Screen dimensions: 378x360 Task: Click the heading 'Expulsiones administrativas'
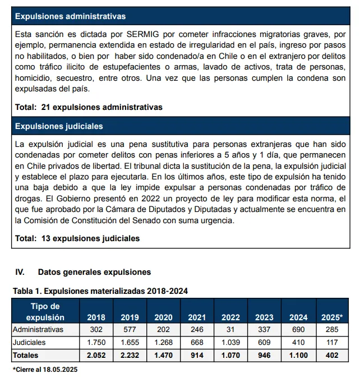click(x=70, y=16)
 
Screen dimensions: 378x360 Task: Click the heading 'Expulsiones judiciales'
click(x=59, y=126)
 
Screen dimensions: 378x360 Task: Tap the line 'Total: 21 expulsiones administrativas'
click(x=89, y=107)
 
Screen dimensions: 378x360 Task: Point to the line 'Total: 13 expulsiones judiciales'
click(x=77, y=238)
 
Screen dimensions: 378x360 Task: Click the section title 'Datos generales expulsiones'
click(x=94, y=272)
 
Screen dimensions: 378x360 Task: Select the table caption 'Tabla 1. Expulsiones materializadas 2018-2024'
click(x=100, y=291)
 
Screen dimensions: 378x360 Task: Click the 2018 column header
click(x=96, y=317)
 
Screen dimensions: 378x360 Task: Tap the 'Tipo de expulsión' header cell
click(x=45, y=312)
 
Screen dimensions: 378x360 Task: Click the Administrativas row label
click(x=38, y=330)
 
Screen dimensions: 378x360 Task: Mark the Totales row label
click(x=27, y=355)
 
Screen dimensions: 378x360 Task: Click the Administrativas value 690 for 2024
click(x=298, y=330)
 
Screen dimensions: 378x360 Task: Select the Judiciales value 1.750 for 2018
click(x=96, y=342)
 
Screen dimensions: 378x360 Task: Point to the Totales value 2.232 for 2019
click(x=130, y=355)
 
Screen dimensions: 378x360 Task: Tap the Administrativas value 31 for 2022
click(x=231, y=330)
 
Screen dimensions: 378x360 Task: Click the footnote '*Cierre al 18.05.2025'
click(x=45, y=370)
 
